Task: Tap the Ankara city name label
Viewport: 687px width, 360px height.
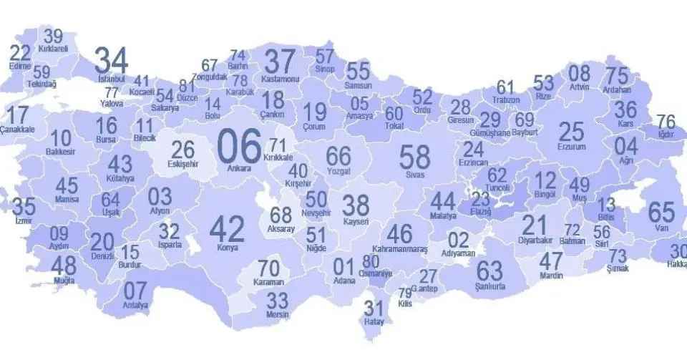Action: pyautogui.click(x=238, y=169)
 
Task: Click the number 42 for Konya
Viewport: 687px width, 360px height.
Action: pyautogui.click(x=226, y=229)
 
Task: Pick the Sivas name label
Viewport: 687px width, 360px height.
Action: pyautogui.click(x=414, y=174)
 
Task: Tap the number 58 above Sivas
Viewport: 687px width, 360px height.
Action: pyautogui.click(x=414, y=157)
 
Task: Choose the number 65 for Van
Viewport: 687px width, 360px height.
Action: pyautogui.click(x=661, y=213)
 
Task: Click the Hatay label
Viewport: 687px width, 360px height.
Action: pyautogui.click(x=374, y=322)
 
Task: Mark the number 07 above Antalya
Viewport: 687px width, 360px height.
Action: pyautogui.click(x=135, y=291)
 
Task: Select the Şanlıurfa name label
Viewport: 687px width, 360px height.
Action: pyautogui.click(x=489, y=286)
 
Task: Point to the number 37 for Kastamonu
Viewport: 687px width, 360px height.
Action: pyautogui.click(x=280, y=61)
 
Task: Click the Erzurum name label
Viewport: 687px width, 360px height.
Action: pyautogui.click(x=571, y=147)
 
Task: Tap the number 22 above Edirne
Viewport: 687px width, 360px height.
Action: pyautogui.click(x=21, y=53)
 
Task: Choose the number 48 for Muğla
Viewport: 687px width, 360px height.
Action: pyautogui.click(x=64, y=266)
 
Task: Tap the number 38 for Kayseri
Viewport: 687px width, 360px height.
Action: pyautogui.click(x=356, y=205)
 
